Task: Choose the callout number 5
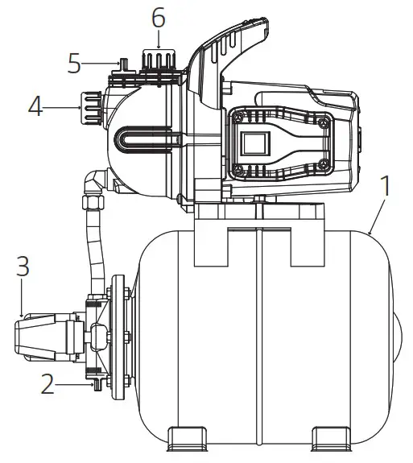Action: tap(74, 63)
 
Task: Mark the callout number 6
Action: tap(158, 15)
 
